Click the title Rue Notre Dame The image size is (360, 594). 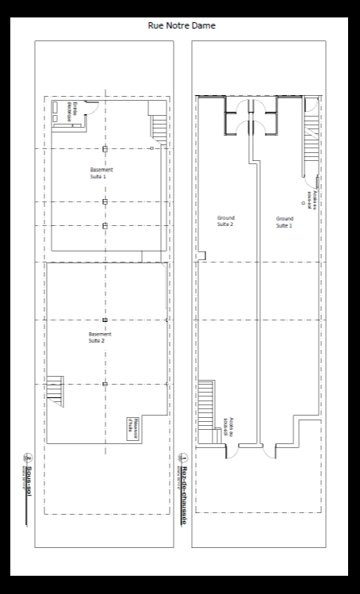tap(182, 26)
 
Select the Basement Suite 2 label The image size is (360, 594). tap(97, 337)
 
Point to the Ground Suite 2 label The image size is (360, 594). tap(226, 221)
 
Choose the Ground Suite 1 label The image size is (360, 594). tap(284, 221)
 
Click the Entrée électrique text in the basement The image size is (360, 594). tap(69, 111)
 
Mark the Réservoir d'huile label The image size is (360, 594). tap(135, 425)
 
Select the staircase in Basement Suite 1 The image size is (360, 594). tap(159, 127)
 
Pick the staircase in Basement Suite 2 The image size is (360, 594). tap(55, 390)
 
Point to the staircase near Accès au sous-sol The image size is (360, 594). tap(206, 404)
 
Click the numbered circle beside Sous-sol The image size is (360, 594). tap(26, 458)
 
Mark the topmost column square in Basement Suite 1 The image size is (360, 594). tap(105, 148)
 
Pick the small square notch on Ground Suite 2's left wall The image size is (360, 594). tap(202, 255)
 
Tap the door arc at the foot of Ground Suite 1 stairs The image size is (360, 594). tap(313, 105)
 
